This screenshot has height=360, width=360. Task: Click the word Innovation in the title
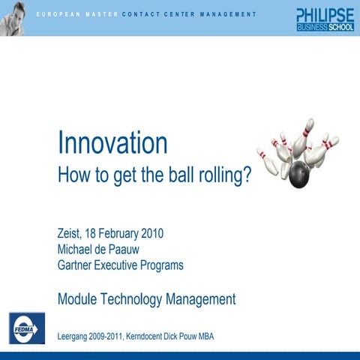click(x=112, y=143)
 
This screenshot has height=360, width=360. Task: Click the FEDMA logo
click(x=25, y=327)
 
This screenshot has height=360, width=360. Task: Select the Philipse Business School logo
click(x=325, y=19)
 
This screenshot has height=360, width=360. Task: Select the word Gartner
click(x=79, y=265)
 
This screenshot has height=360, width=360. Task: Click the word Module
click(x=79, y=299)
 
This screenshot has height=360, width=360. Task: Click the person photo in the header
click(x=13, y=16)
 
